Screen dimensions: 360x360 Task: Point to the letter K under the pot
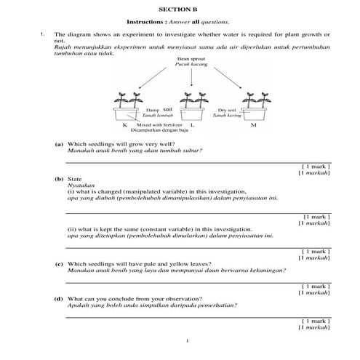[125, 126]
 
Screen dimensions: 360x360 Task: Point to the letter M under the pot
[252, 126]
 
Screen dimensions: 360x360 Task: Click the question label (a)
[58, 144]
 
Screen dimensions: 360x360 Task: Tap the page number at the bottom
[187, 341]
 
